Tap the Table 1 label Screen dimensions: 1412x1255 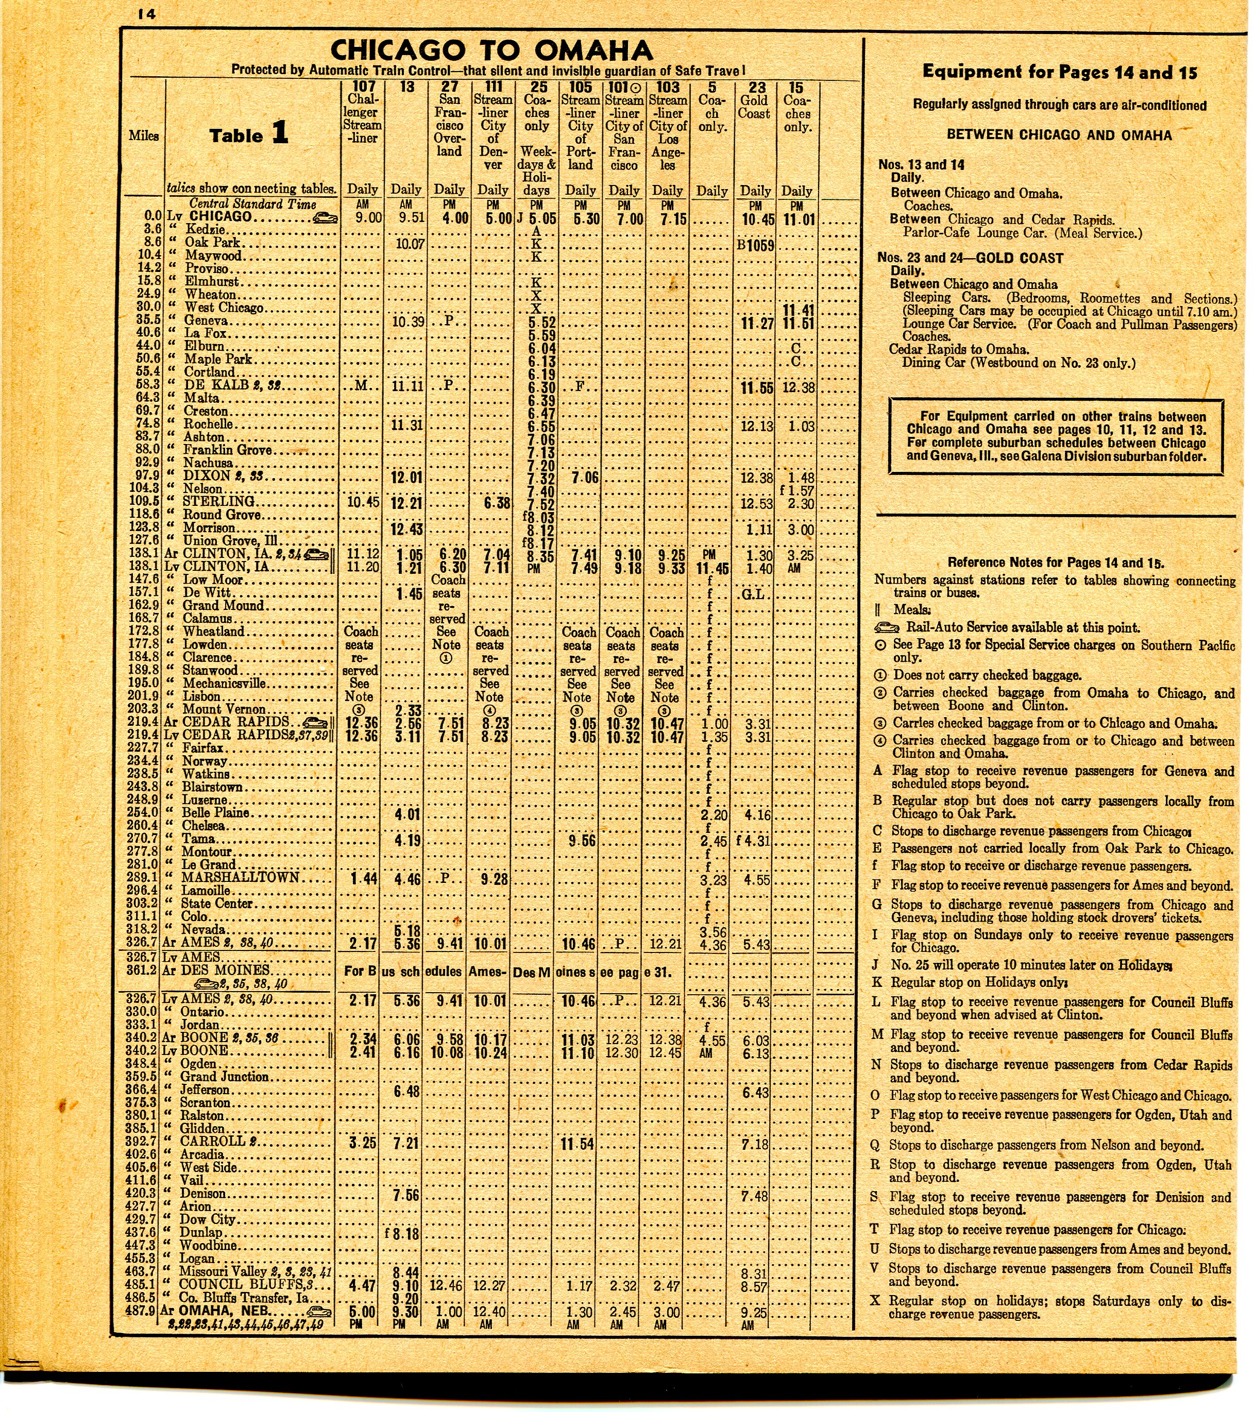tap(249, 134)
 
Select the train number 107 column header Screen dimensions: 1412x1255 tap(363, 87)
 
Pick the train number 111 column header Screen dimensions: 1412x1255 tap(493, 87)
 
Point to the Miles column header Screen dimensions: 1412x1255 tap(144, 136)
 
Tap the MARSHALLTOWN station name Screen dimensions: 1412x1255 tap(241, 877)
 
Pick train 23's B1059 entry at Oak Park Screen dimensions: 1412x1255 tap(754, 245)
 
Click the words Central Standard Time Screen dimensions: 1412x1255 tap(253, 204)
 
